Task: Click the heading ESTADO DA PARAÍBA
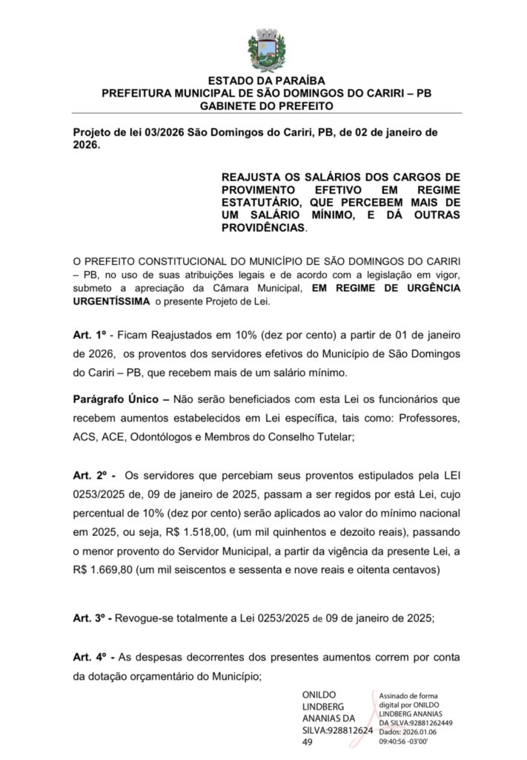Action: (266, 81)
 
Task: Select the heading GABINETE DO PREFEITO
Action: (266, 105)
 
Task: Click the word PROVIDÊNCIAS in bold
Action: (262, 228)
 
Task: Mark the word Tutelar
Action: (331, 437)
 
